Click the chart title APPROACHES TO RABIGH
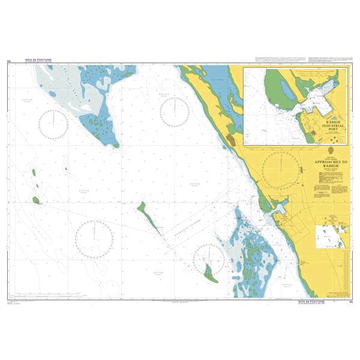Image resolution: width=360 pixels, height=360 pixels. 327,165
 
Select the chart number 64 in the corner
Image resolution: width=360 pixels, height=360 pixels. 350,303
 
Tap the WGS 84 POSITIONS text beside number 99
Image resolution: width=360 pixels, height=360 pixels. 38,61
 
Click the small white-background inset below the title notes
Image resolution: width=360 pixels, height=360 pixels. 333,236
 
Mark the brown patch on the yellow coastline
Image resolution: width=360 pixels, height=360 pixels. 231,140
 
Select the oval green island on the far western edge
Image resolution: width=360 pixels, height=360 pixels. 36,200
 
